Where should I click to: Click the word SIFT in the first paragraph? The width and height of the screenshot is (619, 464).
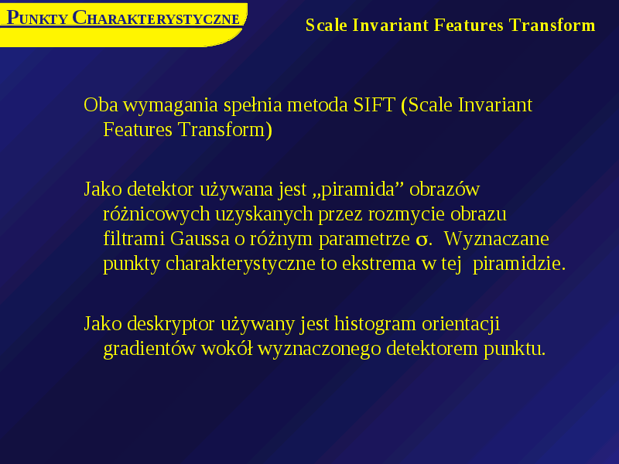click(x=374, y=105)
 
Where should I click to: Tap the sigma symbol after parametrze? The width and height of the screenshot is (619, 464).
click(x=422, y=240)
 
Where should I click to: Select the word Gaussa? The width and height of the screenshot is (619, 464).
click(x=200, y=239)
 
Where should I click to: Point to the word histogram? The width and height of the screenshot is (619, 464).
click(x=375, y=324)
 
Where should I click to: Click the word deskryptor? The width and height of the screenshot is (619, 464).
click(x=171, y=324)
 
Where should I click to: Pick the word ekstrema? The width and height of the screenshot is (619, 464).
click(x=379, y=264)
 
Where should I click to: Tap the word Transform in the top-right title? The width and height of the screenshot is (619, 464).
click(x=552, y=26)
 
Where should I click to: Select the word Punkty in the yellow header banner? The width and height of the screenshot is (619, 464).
click(x=37, y=18)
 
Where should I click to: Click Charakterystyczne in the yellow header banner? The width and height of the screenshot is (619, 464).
click(x=156, y=18)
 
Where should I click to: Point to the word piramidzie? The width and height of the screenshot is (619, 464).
click(x=519, y=264)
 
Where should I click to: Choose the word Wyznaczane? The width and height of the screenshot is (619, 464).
click(x=496, y=239)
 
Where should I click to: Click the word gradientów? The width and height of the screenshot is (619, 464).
click(x=149, y=349)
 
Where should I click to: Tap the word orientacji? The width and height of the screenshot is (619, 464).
click(x=460, y=324)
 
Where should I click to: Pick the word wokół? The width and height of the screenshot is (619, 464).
click(x=227, y=349)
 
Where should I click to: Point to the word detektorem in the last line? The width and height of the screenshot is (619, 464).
click(x=432, y=349)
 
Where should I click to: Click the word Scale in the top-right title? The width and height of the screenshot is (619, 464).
click(x=327, y=26)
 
